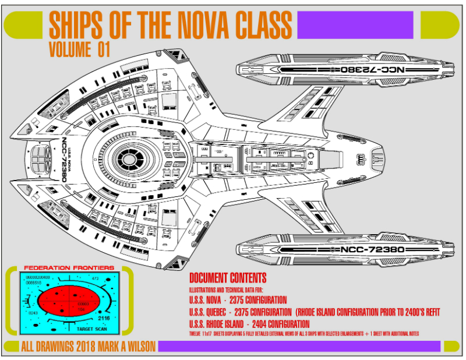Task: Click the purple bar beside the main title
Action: coord(355,24)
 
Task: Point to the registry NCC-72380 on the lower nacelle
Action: coord(370,250)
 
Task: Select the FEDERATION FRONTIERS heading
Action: coord(68,269)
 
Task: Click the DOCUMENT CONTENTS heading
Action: coord(228,278)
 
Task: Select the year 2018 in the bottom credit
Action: coord(79,347)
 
